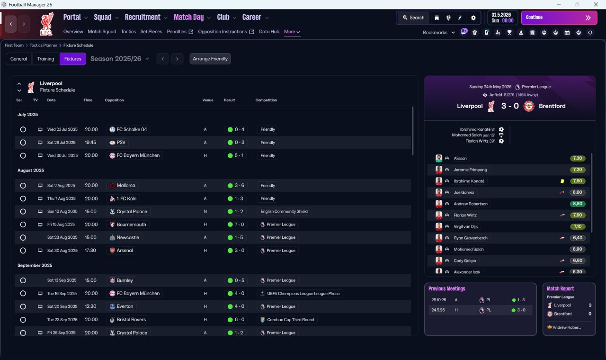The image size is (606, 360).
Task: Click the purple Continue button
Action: (559, 18)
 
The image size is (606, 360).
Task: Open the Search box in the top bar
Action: (413, 18)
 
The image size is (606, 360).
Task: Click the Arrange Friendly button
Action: (210, 59)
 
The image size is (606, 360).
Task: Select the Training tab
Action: (45, 59)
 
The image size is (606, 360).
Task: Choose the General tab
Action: (18, 59)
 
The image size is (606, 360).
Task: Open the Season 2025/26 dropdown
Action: (120, 59)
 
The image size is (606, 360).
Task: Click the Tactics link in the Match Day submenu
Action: (128, 32)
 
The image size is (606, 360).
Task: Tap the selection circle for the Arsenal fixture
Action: (23, 251)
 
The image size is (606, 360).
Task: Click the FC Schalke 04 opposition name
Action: (132, 129)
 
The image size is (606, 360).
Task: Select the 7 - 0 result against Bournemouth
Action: (236, 225)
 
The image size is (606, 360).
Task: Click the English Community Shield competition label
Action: (284, 211)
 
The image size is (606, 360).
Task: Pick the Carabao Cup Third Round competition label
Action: (290, 320)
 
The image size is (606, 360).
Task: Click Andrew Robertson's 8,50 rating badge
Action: (578, 204)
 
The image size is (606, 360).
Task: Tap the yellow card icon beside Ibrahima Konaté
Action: (562, 181)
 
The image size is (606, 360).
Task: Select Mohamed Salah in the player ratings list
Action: (469, 249)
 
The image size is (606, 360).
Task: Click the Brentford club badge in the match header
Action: (529, 106)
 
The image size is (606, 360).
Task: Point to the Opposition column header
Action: (114, 100)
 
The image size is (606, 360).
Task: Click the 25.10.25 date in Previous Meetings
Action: (439, 300)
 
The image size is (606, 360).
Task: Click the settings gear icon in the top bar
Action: (473, 18)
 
